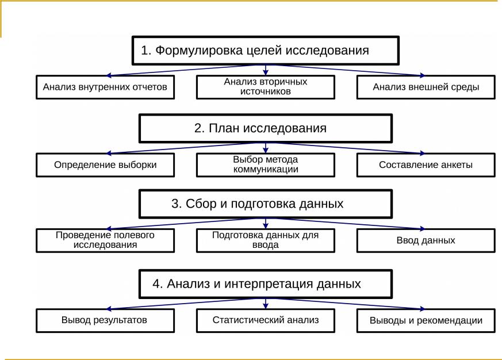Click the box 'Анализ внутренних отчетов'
pos(105,87)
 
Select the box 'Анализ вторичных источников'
pos(265,87)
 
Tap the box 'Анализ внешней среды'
pos(426,87)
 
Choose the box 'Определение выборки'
pos(105,165)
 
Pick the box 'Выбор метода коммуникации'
pos(265,164)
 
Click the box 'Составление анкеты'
pos(426,165)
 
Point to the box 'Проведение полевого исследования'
pos(105,240)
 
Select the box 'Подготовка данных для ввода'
pos(265,240)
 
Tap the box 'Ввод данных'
pos(426,240)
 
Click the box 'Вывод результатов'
pos(105,320)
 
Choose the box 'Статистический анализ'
pos(265,320)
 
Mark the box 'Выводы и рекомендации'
pos(426,320)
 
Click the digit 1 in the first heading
pos(145,51)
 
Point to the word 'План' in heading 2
pos(221,128)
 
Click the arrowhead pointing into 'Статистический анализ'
pos(265,307)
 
